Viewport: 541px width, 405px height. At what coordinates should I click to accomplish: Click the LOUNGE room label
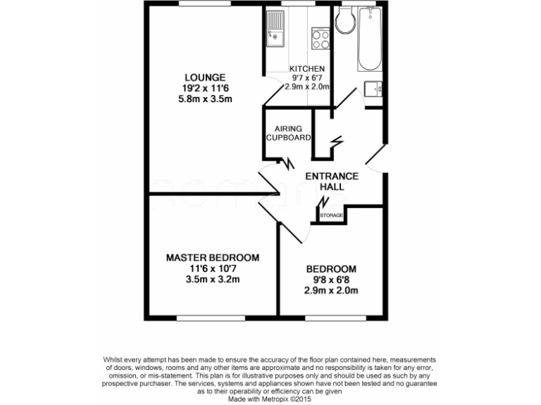[205, 77]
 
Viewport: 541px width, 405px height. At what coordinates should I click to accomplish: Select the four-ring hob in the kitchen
[320, 38]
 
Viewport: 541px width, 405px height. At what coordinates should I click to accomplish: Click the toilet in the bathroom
[345, 22]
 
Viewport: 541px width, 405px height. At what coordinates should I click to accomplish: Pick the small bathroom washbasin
[373, 89]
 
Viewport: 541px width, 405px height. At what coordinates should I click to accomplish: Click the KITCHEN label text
[307, 69]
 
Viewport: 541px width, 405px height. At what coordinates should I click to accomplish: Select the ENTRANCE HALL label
[331, 181]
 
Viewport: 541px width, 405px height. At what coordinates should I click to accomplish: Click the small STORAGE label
[332, 214]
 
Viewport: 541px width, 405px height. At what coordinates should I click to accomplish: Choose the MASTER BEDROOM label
[212, 257]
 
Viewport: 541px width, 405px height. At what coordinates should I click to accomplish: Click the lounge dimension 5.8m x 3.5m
[205, 99]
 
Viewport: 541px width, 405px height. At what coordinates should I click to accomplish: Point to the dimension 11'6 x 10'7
[212, 268]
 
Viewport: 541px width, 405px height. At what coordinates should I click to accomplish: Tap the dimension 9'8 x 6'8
[330, 280]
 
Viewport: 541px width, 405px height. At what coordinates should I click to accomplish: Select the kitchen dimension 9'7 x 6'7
[307, 78]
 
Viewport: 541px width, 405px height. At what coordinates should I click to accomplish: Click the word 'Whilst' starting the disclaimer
[115, 359]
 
